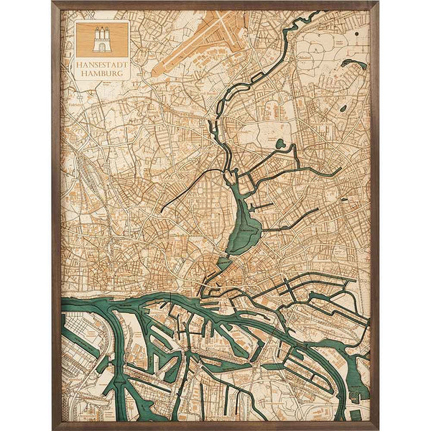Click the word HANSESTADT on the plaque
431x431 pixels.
[x=102, y=63]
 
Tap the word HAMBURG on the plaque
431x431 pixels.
[x=102, y=70]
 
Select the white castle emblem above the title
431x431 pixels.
[x=102, y=40]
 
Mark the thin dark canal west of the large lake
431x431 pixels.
[x=187, y=190]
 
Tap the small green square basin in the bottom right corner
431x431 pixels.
[x=356, y=414]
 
